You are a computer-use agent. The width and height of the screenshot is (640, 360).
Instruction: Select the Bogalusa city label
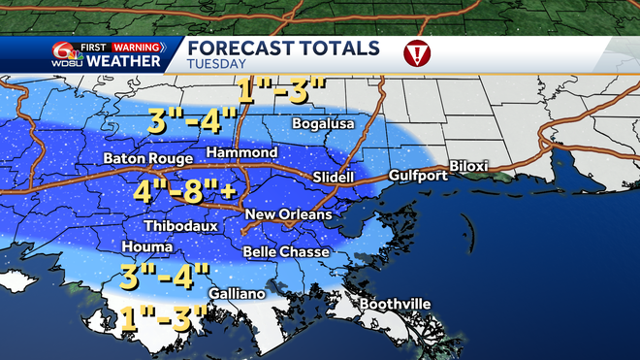coord(325,124)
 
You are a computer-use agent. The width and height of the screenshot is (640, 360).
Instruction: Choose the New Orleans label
coord(288,214)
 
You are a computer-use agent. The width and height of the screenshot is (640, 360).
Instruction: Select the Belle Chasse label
coord(285,252)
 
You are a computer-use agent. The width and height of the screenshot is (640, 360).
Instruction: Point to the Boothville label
coord(395,305)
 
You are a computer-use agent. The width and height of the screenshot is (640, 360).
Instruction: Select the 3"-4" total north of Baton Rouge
coord(190,122)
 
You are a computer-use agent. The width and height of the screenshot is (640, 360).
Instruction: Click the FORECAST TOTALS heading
coord(283,49)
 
